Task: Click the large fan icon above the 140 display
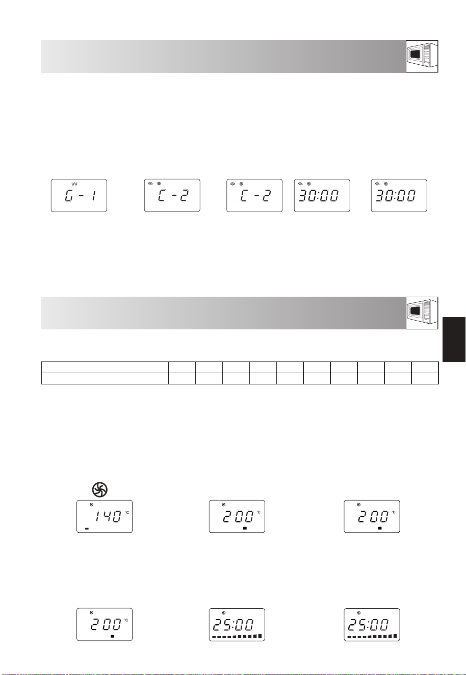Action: coord(100,489)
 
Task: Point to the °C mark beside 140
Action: coord(127,512)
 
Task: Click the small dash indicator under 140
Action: coord(87,528)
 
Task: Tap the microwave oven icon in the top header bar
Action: coord(422,56)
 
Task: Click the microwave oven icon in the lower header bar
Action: coord(422,313)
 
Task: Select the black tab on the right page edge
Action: coord(454,340)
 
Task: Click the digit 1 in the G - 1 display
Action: coord(94,196)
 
